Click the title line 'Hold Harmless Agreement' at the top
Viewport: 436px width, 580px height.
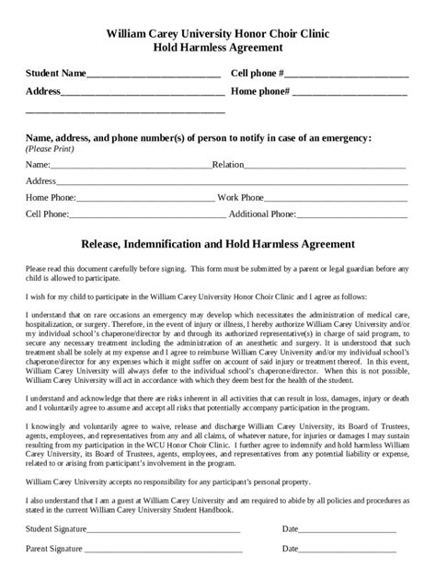(x=218, y=50)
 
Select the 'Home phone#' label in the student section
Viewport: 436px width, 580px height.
(x=261, y=92)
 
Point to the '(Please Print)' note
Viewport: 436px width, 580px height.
(x=51, y=147)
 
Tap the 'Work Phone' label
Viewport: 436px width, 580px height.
(x=241, y=197)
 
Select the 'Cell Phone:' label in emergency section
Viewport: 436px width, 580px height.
(x=48, y=215)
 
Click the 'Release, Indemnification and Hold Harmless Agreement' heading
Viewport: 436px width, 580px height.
(x=218, y=246)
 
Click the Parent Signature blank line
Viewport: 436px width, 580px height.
(x=163, y=552)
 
